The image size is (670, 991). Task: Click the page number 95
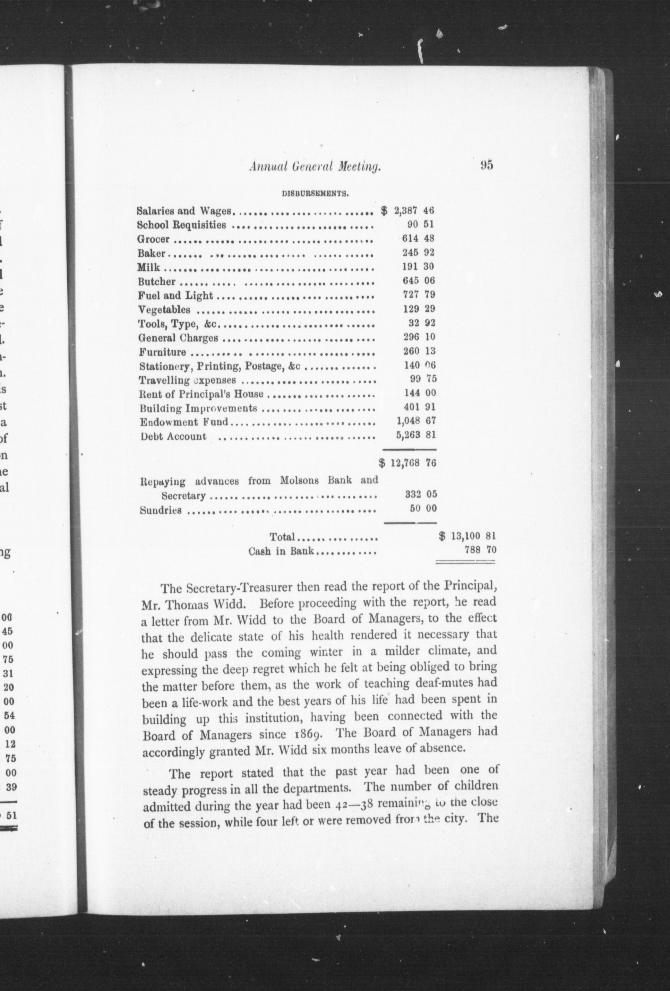click(486, 165)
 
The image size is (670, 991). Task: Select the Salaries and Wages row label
click(184, 211)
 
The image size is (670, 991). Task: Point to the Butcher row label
click(157, 281)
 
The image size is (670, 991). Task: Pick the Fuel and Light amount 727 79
click(419, 295)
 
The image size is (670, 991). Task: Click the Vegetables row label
click(164, 309)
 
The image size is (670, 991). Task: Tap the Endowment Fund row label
click(184, 422)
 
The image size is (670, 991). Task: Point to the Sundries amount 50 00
click(420, 508)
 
